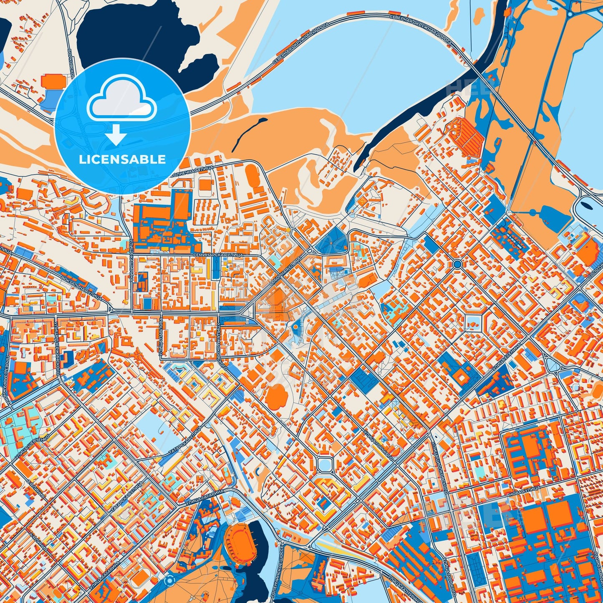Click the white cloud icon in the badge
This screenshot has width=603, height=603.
pos(121,99)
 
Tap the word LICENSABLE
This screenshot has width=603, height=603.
pos(123,159)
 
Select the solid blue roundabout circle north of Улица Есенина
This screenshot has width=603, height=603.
pos(457,264)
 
